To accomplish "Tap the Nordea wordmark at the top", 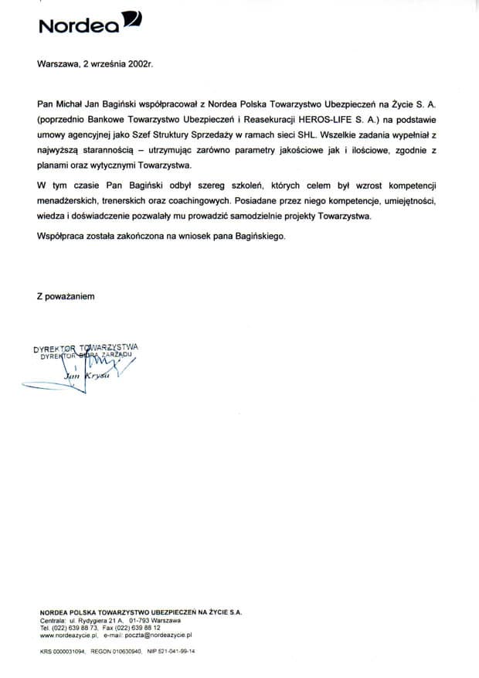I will [78, 26].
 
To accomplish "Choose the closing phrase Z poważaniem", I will [65, 295].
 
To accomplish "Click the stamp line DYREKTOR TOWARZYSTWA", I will [86, 348].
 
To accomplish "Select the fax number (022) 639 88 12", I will [141, 628].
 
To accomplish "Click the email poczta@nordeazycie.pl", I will [158, 635].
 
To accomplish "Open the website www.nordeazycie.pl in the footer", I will [67, 635].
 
